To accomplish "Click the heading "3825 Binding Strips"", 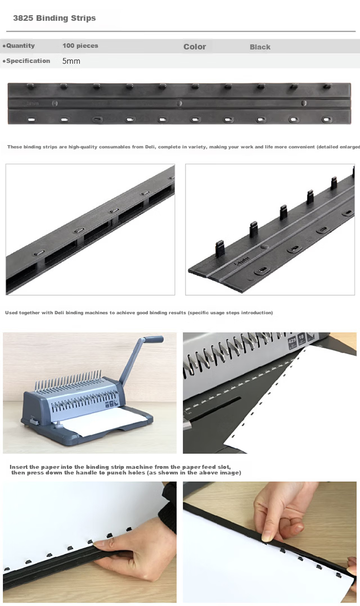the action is click(54, 18).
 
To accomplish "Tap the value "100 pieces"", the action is click(80, 46).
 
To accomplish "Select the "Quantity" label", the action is click(20, 46).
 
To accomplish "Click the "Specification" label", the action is click(28, 61).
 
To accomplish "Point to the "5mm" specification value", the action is click(71, 61).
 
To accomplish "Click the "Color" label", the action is click(195, 47).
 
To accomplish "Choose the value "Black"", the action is click(260, 47).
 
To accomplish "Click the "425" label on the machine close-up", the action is click(292, 341).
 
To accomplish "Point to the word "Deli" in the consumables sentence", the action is click(149, 147).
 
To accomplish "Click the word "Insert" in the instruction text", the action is click(19, 467).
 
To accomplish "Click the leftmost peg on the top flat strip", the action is click(30, 86).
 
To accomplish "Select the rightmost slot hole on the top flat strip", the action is click(327, 119).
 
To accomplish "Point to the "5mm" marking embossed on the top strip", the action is click(33, 103).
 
